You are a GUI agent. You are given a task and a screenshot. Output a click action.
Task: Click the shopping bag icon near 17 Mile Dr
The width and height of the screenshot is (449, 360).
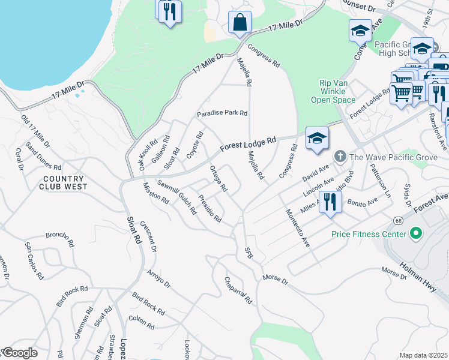click(240, 23)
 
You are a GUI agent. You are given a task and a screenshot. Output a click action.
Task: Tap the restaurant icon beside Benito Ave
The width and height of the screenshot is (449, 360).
click(328, 202)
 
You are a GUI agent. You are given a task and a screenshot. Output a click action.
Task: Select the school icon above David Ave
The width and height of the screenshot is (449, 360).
click(317, 139)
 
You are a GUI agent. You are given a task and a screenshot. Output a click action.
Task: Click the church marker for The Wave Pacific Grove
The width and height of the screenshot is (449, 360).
click(340, 157)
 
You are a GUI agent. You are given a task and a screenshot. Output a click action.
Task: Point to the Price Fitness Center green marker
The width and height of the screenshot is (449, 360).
click(415, 233)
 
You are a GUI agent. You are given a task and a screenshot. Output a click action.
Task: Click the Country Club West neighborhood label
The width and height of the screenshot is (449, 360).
click(64, 182)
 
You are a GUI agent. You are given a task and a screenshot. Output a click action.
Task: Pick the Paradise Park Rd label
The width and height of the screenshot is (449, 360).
click(222, 113)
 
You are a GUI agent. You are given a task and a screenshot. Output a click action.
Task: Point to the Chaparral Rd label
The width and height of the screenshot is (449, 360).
click(238, 290)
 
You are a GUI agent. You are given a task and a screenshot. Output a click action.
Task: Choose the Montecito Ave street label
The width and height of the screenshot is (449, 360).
click(298, 229)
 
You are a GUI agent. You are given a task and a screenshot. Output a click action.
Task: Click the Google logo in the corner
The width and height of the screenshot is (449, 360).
click(19, 353)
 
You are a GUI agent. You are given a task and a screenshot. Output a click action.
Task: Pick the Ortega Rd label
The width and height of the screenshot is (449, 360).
click(218, 178)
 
